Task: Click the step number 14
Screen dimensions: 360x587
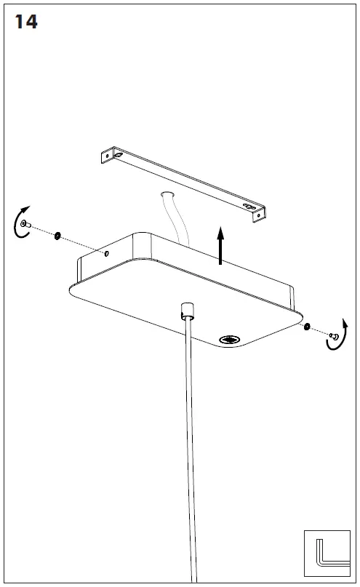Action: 26,22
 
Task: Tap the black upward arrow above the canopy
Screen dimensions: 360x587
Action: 221,245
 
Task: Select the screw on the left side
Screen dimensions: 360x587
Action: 26,224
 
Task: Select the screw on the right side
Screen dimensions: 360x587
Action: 334,336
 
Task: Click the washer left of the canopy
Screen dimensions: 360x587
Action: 57,236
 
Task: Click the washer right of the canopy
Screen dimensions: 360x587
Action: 307,326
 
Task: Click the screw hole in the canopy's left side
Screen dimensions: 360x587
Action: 107,253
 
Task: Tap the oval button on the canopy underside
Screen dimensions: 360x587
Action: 229,340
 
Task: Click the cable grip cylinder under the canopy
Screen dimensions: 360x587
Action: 188,311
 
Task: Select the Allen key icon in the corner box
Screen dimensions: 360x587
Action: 329,554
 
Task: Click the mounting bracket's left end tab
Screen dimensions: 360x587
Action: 107,155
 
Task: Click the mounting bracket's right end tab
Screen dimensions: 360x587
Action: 259,215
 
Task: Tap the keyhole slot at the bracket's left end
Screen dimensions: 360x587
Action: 119,155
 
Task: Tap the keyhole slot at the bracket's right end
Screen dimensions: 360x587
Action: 249,206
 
